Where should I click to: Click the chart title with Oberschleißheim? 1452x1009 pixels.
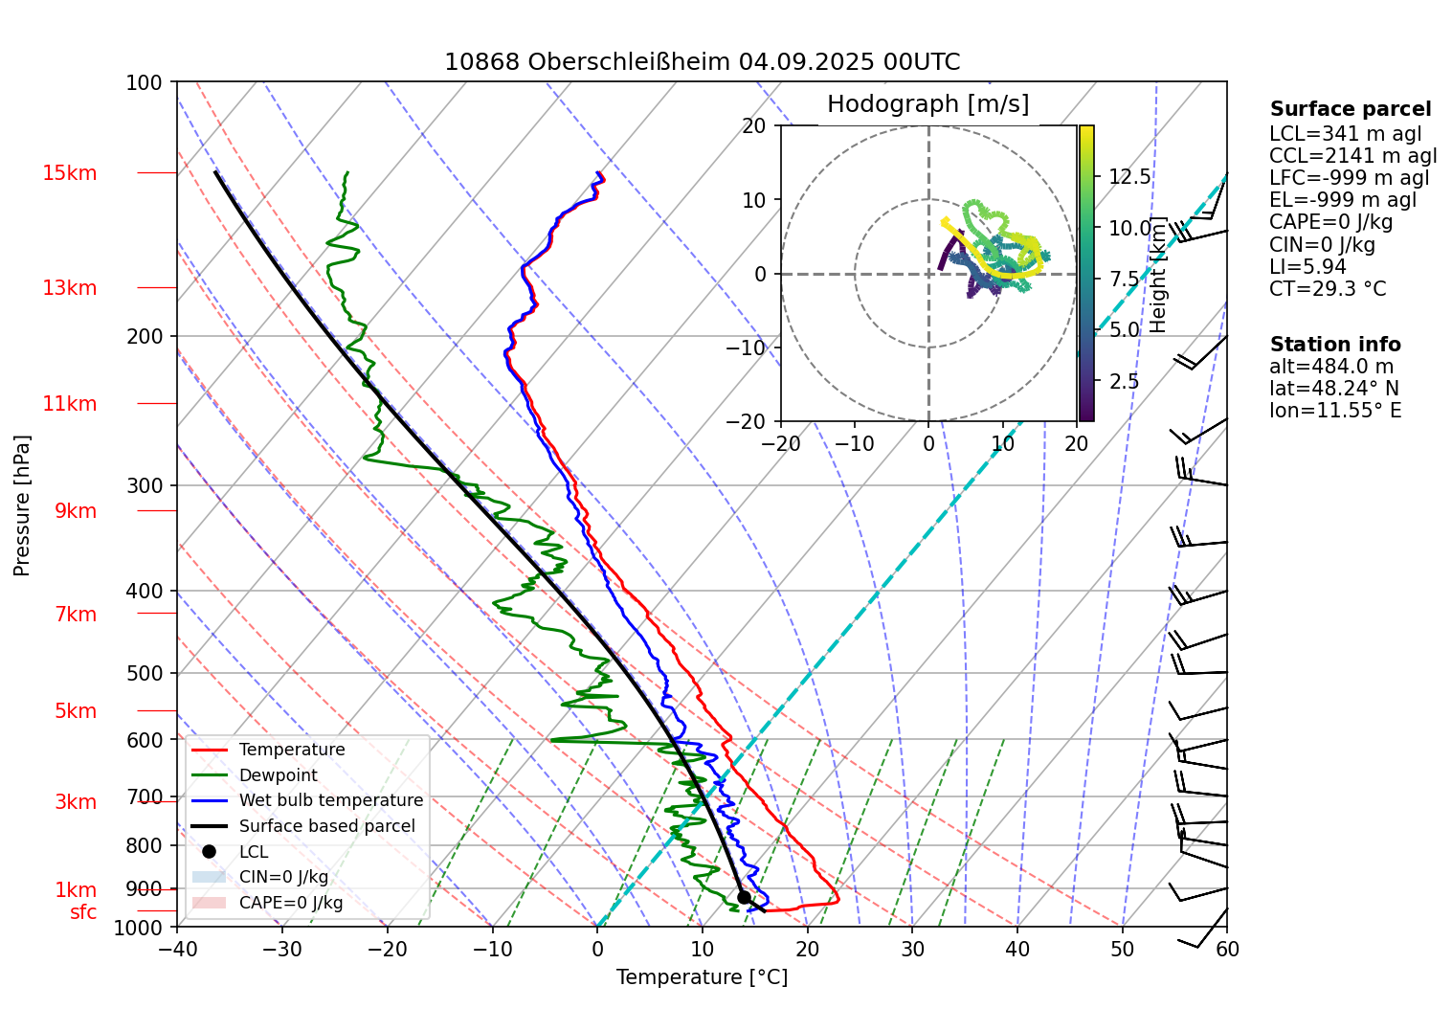point(702,62)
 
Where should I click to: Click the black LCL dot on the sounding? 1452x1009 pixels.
point(744,897)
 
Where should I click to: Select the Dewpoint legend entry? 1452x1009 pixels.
point(278,775)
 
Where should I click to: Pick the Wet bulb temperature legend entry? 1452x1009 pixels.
point(330,800)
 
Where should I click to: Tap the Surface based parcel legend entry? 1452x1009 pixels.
point(326,826)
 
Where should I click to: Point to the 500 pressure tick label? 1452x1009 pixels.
point(145,673)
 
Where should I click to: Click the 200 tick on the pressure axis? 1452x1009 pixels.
point(145,336)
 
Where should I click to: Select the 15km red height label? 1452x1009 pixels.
point(69,173)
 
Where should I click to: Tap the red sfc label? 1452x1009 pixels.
point(83,912)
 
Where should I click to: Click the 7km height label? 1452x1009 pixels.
point(76,615)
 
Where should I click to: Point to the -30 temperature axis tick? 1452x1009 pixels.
point(281,949)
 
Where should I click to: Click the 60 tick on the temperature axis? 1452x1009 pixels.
point(1227,949)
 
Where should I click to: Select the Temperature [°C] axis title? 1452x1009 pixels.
point(702,977)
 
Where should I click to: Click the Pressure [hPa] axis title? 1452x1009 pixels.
point(22,505)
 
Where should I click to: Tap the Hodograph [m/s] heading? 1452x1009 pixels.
point(927,104)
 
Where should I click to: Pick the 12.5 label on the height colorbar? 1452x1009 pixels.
point(1129,177)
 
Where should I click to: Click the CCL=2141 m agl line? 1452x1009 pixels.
point(1352,156)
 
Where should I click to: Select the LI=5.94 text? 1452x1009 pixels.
point(1307,267)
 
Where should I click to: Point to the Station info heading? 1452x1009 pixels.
point(1334,345)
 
